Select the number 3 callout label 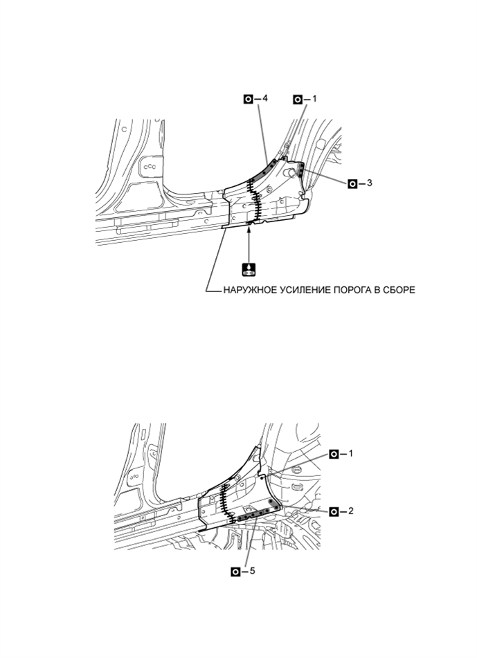point(369,183)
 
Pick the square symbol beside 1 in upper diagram point(298,99)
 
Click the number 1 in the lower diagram point(351,454)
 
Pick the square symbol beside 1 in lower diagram point(334,454)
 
